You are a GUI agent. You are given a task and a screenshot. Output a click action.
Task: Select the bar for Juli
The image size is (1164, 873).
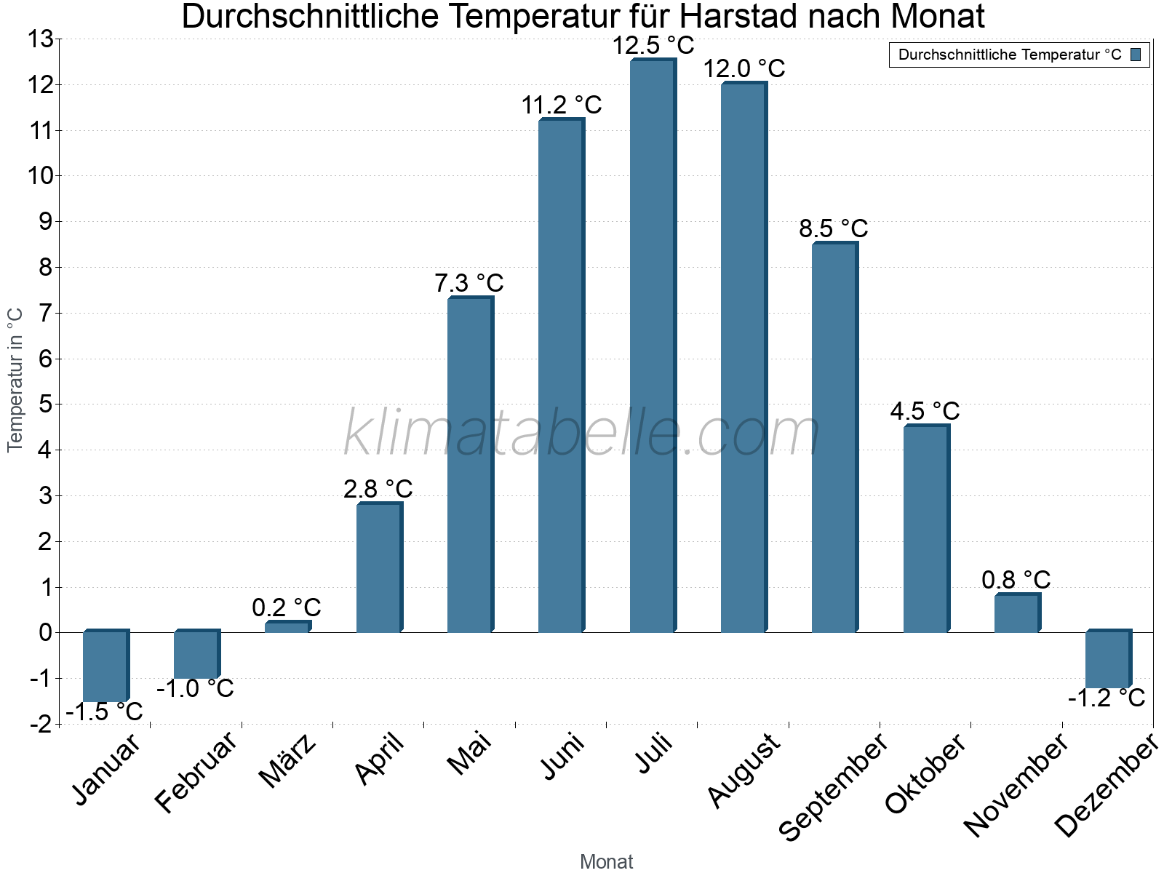click(653, 346)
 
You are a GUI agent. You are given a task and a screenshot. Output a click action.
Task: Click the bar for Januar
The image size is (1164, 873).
click(105, 666)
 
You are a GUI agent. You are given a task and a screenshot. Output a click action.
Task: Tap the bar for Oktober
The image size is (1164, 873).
click(926, 529)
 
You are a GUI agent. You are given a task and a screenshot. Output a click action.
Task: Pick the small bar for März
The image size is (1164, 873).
click(287, 626)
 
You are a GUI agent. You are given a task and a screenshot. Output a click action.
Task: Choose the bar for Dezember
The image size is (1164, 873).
click(1108, 659)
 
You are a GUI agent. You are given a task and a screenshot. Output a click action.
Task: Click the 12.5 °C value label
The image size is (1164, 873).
click(653, 45)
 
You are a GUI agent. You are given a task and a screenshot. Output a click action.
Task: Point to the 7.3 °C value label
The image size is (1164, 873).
click(469, 283)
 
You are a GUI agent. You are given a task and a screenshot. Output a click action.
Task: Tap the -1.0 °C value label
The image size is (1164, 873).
click(195, 688)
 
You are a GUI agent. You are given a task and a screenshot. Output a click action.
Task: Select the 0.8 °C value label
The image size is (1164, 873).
click(1016, 580)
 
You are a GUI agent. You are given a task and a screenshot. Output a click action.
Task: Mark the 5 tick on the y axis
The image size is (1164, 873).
click(46, 404)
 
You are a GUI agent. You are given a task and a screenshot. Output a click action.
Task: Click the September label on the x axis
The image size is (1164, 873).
click(833, 786)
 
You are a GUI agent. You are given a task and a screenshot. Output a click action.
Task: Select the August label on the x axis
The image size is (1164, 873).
click(744, 770)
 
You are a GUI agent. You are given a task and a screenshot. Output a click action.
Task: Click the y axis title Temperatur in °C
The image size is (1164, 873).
click(15, 380)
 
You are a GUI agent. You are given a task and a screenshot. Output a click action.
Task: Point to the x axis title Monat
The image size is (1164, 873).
click(606, 861)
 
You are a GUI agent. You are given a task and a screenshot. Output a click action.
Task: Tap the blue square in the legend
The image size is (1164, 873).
click(1136, 55)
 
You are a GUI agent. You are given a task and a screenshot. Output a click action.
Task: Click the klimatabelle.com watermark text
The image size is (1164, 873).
click(581, 434)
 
